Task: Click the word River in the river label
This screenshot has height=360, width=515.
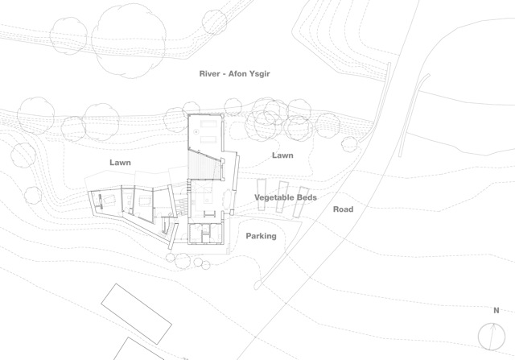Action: (x=209, y=73)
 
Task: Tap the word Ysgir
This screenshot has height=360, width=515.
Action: (x=259, y=74)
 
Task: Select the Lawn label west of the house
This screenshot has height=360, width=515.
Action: (x=120, y=163)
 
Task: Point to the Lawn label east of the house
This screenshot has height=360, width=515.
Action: (x=282, y=155)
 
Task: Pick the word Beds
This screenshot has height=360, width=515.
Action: (x=307, y=197)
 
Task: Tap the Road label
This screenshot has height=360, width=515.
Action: (x=344, y=209)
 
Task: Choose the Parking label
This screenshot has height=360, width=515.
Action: (x=261, y=236)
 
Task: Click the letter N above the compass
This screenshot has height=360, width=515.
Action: (x=496, y=310)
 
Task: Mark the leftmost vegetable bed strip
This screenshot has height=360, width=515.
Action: (x=262, y=195)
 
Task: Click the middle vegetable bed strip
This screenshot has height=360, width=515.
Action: (x=282, y=197)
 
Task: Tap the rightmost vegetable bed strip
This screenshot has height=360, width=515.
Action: (x=301, y=202)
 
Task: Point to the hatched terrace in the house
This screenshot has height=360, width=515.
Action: (x=204, y=165)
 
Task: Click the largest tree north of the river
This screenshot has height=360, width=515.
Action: (x=129, y=41)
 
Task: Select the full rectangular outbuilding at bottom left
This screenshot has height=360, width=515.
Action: (x=136, y=314)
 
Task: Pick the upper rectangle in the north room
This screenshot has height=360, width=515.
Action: (x=208, y=124)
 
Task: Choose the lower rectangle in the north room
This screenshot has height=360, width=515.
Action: (x=208, y=139)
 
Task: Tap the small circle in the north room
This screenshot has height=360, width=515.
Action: (x=196, y=131)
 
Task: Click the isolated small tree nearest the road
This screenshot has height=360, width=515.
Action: (x=349, y=143)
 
